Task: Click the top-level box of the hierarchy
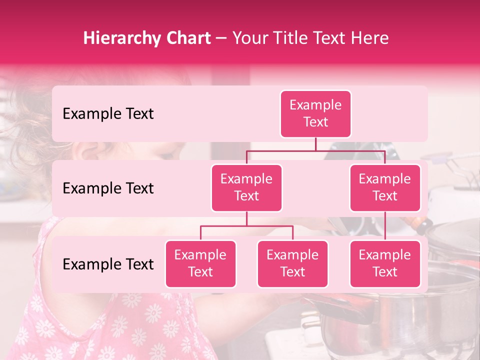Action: pyautogui.click(x=315, y=114)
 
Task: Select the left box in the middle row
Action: pyautogui.click(x=246, y=188)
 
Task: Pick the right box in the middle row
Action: pyautogui.click(x=385, y=188)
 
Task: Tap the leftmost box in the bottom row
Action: pyautogui.click(x=200, y=264)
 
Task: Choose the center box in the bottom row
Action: pyautogui.click(x=292, y=264)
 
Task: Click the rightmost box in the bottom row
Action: pyautogui.click(x=385, y=264)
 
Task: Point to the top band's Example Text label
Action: pyautogui.click(x=108, y=114)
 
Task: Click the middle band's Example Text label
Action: pyautogui.click(x=108, y=188)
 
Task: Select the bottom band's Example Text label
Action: pyautogui.click(x=108, y=264)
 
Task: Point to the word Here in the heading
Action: pyautogui.click(x=370, y=38)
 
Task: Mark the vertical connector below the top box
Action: pyautogui.click(x=315, y=144)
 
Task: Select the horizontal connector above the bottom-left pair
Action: pyautogui.click(x=246, y=226)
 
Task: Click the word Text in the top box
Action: pyautogui.click(x=315, y=122)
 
